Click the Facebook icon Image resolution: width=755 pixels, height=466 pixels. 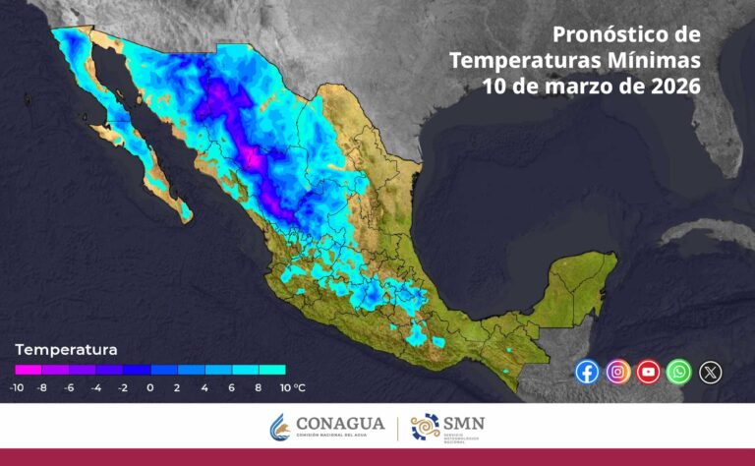click(x=587, y=372)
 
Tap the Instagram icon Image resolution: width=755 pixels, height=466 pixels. click(x=617, y=372)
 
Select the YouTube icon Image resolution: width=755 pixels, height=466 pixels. click(x=648, y=372)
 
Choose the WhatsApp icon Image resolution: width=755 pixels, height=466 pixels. click(x=678, y=372)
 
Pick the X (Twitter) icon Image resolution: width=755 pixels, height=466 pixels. click(x=710, y=372)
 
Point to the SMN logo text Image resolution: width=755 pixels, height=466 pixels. click(x=464, y=424)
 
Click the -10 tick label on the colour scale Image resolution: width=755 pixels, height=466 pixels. click(x=17, y=387)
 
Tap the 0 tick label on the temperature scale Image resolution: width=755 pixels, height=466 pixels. click(x=149, y=387)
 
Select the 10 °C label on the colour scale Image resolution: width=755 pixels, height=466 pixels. click(x=291, y=387)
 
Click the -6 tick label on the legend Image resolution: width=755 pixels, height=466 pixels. click(x=69, y=387)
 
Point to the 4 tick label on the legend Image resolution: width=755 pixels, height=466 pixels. click(x=204, y=387)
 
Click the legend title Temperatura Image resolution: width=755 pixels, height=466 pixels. click(x=66, y=349)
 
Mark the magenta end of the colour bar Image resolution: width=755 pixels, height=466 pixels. click(x=22, y=370)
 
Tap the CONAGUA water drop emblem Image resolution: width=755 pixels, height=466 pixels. click(x=280, y=428)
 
